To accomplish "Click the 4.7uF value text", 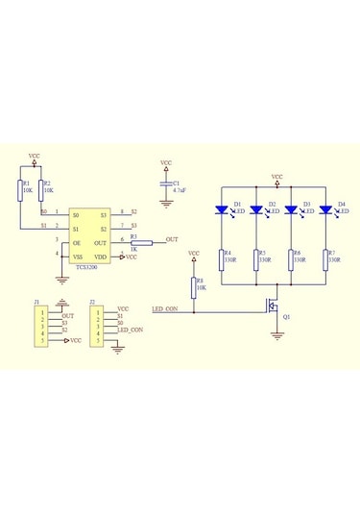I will click(x=180, y=191).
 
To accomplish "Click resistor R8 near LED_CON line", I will click(x=193, y=286).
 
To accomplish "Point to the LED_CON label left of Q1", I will click(x=165, y=309).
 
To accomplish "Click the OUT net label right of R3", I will click(x=171, y=238).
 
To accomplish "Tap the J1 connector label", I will click(x=36, y=303).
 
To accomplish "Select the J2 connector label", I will click(x=92, y=303).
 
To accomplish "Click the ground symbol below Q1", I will click(x=277, y=335).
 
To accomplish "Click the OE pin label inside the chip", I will click(x=76, y=244).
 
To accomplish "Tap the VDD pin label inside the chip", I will click(x=101, y=257).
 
